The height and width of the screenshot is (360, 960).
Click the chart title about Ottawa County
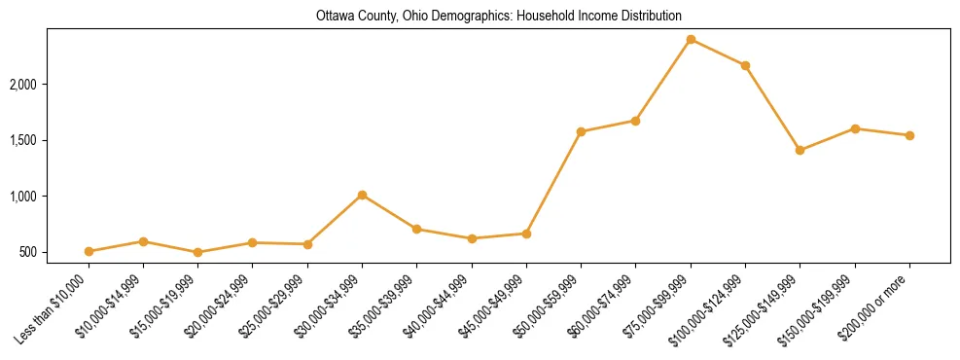point(498,17)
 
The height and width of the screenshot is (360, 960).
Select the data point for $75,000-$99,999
point(691,39)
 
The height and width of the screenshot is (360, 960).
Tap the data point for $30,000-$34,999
point(362,195)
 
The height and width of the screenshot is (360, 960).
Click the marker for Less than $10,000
point(89,251)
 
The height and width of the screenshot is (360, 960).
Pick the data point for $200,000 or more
point(909,135)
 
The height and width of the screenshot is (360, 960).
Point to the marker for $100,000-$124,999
point(745,65)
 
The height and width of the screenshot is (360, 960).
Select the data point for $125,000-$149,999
point(800,150)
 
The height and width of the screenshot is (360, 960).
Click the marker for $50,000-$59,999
point(581,131)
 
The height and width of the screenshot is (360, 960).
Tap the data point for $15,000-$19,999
point(197,252)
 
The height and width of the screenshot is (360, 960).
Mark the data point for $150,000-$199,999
point(855,128)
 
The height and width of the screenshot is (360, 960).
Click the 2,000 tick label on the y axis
point(50,85)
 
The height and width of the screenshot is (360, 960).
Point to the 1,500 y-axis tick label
point(50,140)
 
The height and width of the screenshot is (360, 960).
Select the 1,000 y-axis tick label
point(50,197)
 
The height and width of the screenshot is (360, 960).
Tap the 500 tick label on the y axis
point(54,252)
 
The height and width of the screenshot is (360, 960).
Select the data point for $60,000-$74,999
point(635,121)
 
